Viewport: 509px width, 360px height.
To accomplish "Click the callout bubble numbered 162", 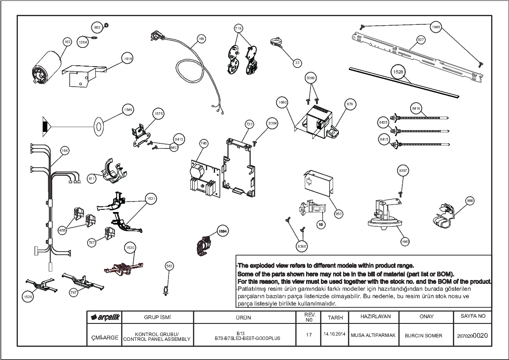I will pos(67,42).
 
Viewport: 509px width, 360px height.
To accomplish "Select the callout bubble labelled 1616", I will pos(128,58).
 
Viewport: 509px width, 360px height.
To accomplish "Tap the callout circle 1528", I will pos(398,72).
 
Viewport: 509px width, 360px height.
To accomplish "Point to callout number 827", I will pos(421,40).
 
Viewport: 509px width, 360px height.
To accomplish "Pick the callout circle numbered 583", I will pos(169,265).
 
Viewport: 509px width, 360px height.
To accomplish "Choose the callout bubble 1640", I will pos(405,242).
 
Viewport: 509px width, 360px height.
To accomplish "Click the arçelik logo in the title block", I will pos(104,317).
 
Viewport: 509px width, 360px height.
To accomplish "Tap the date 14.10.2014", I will pos(334,335).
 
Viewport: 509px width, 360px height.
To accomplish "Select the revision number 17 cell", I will pos(309,335).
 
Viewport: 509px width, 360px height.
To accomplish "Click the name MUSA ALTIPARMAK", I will pos(373,335).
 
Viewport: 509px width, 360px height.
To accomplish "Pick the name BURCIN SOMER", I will pos(423,336).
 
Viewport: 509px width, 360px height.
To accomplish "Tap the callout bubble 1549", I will pos(128,110).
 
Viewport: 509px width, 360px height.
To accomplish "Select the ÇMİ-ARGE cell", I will pos(104,337).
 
